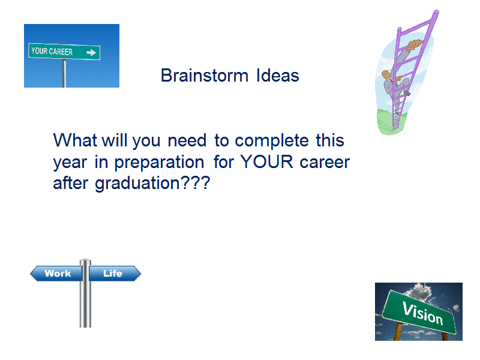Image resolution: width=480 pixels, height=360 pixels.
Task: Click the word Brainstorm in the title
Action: point(205,76)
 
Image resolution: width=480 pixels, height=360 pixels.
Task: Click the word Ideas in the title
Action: point(278,76)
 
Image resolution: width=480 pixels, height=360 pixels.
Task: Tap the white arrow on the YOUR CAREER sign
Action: point(91,53)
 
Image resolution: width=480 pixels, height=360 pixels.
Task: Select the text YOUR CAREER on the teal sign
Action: point(52,52)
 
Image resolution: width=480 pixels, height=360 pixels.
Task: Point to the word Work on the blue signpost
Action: point(58,273)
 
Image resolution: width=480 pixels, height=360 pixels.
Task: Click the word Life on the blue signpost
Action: point(113,273)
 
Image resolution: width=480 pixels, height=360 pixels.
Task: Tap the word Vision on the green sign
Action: point(423,313)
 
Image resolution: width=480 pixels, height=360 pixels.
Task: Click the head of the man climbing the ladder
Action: point(387,75)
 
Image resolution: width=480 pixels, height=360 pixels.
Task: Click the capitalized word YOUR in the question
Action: point(267,161)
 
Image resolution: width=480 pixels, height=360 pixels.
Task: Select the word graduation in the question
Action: point(137,184)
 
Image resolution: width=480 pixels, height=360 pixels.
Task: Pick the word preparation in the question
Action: point(159,163)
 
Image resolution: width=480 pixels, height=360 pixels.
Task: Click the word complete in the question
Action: point(272,141)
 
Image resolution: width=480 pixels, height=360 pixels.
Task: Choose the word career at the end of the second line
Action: point(325,163)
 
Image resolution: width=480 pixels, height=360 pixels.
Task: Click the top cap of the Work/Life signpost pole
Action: point(85,261)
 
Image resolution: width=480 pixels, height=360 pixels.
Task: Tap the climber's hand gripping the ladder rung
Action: point(414,44)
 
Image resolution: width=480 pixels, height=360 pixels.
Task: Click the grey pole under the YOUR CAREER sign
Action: point(64,73)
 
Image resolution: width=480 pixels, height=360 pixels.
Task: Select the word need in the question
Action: point(187,140)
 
